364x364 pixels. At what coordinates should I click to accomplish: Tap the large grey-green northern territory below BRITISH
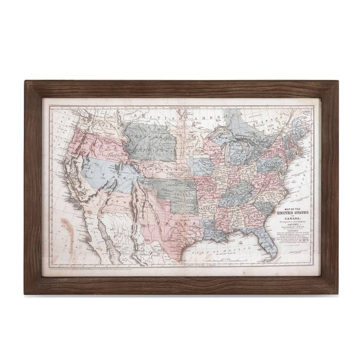point(150,141)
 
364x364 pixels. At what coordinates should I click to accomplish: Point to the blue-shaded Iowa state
point(199,166)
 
